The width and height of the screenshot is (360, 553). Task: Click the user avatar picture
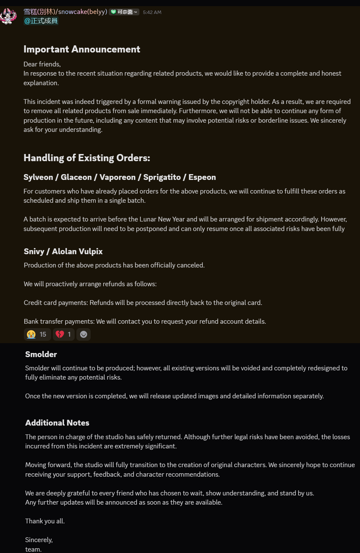pos(9,16)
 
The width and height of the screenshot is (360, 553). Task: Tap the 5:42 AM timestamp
pos(152,12)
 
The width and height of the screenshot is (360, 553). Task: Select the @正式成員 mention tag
pos(41,21)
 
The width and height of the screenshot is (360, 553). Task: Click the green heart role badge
pos(114,12)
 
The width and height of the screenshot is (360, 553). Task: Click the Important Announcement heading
pos(82,49)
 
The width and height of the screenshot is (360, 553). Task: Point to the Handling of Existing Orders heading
pos(87,158)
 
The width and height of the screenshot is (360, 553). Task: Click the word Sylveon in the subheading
pos(38,177)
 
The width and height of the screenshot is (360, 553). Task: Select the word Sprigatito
pos(162,177)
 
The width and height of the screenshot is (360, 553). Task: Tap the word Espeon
pos(202,177)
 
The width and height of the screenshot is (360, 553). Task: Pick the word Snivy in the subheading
pos(34,251)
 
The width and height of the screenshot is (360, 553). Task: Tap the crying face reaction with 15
pos(37,334)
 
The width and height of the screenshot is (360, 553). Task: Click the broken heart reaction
pos(63,334)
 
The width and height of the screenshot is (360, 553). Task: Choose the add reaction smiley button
pos(84,334)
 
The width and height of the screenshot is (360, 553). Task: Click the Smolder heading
pos(41,354)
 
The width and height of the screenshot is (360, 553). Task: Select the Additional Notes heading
pos(57,423)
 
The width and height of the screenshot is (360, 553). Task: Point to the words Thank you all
pos(45,521)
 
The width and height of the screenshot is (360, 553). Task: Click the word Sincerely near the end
pos(39,540)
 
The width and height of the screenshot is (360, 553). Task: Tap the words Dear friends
pos(42,64)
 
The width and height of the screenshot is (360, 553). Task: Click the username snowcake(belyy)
pos(82,12)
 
